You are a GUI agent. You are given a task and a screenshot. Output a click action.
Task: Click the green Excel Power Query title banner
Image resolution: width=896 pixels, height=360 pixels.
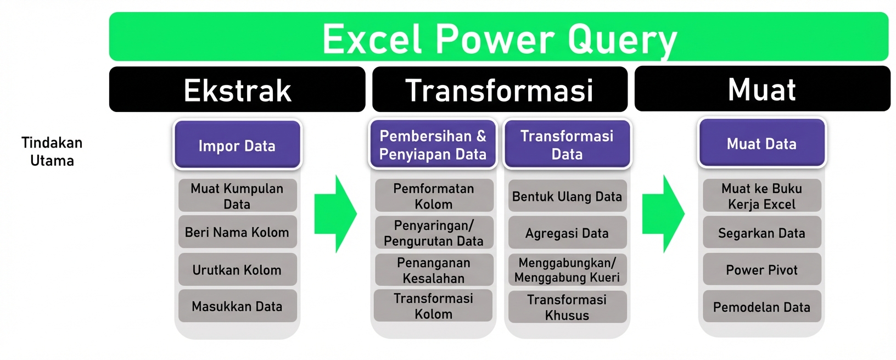click(499, 37)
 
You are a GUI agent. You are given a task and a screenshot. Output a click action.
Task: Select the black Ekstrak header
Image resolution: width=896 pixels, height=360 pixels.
click(237, 89)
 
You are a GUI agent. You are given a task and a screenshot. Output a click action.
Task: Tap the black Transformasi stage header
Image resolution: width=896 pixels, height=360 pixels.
click(500, 89)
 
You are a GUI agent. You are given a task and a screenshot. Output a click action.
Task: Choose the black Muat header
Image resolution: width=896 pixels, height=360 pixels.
click(762, 89)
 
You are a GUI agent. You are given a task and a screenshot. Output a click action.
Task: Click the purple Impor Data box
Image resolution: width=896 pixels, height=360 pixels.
click(237, 145)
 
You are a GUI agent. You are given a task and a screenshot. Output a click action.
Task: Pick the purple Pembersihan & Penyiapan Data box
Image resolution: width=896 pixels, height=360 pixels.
click(433, 145)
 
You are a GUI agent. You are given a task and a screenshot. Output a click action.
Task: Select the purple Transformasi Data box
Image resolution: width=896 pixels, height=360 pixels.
click(567, 145)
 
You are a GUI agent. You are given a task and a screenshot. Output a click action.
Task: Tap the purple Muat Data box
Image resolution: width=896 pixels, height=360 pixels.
click(761, 144)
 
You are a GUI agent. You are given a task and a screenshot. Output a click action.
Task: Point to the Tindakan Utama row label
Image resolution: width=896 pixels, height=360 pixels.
click(52, 151)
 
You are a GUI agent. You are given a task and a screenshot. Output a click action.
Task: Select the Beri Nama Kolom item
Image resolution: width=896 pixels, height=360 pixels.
click(237, 232)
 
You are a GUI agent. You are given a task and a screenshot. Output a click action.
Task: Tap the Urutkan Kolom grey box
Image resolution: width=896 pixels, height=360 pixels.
click(237, 269)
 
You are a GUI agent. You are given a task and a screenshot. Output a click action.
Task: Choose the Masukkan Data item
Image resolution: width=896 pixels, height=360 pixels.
click(237, 306)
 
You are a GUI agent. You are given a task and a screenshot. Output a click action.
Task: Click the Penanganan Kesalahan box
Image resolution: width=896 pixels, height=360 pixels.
click(434, 270)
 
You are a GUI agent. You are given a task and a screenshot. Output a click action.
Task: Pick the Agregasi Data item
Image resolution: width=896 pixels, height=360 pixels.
click(567, 233)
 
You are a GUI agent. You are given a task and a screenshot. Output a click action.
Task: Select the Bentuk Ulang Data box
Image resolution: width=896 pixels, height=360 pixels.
click(567, 196)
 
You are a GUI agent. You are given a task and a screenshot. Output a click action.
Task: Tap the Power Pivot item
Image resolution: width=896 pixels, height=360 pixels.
click(761, 269)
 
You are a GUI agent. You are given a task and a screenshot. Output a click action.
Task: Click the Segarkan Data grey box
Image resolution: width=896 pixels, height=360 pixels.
click(761, 233)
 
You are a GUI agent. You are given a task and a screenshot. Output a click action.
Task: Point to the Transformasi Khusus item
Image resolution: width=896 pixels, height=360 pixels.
click(567, 307)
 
